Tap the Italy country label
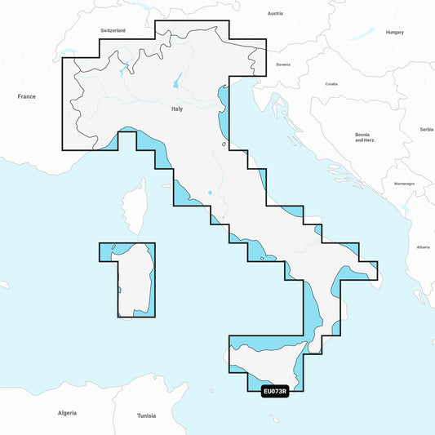(x=177, y=109)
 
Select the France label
(x=27, y=96)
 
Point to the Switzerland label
(x=113, y=30)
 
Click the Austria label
(x=275, y=14)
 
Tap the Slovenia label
(x=283, y=64)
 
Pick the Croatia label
(x=331, y=84)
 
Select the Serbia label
(x=426, y=129)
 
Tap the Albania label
(x=422, y=246)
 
